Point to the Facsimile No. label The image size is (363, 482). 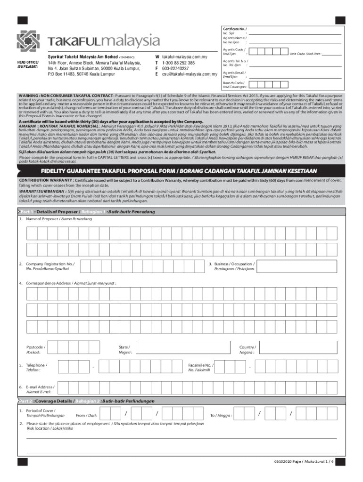coord(200,367)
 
